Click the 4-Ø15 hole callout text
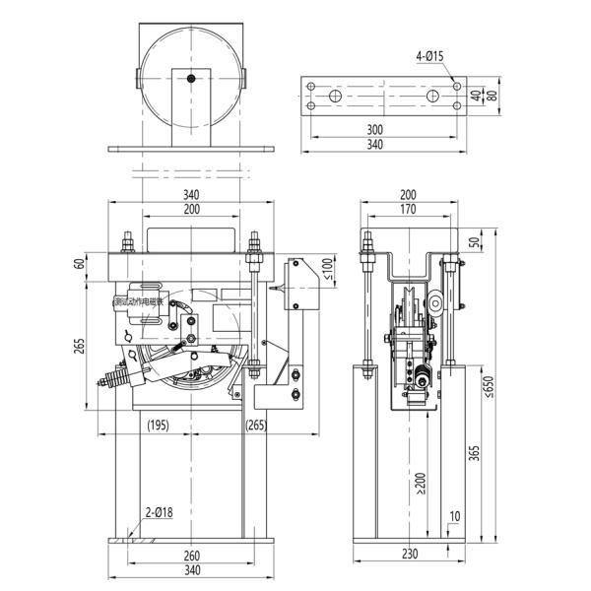[x=429, y=56]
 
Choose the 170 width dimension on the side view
[x=400, y=209]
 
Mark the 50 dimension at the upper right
[x=474, y=241]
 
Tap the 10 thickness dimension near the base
[x=453, y=515]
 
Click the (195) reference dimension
[x=157, y=426]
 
